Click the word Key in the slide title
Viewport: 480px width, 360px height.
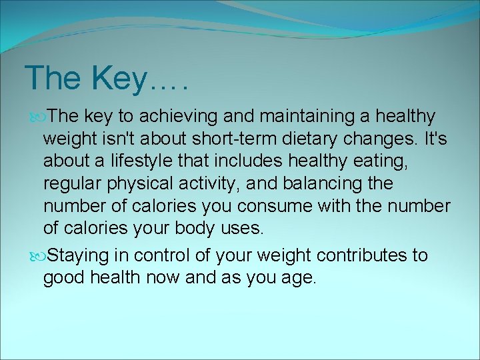point(117,79)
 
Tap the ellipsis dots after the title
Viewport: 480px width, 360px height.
point(169,85)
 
